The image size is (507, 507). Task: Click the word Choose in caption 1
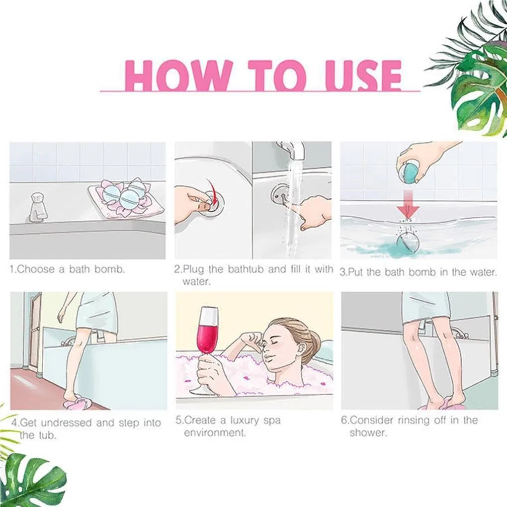tap(35, 269)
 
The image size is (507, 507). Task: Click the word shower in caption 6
tap(368, 432)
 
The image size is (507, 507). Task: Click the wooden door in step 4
tap(34, 333)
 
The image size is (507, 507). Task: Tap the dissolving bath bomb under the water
tap(408, 242)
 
